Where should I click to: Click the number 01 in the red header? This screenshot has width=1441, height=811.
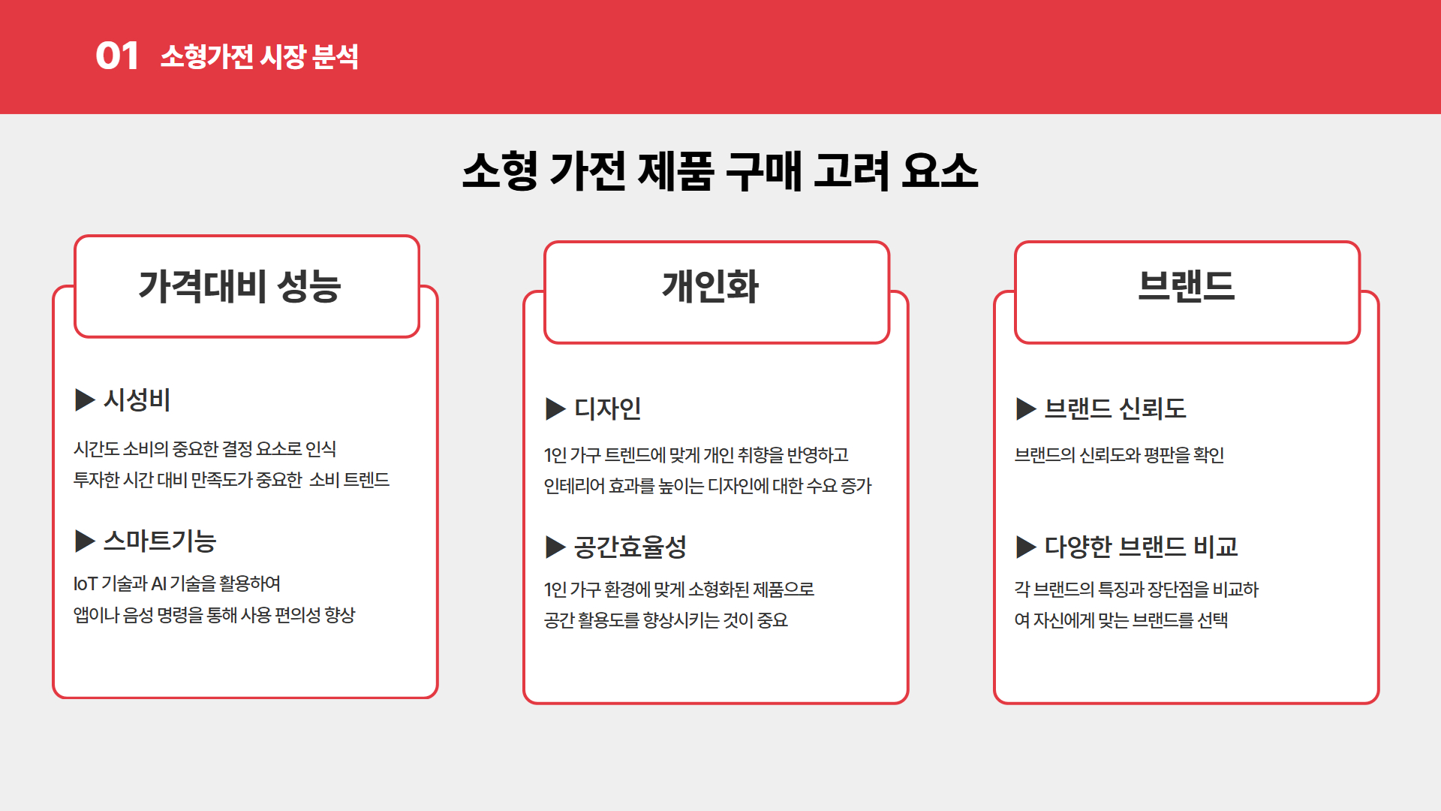(117, 56)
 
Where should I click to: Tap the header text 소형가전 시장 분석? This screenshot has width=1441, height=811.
(260, 56)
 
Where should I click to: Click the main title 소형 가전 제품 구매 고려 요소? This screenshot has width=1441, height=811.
(720, 170)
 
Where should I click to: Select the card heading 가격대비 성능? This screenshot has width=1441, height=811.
(239, 286)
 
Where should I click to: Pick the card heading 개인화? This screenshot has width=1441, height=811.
(710, 286)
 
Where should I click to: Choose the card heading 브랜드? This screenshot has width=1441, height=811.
(1187, 286)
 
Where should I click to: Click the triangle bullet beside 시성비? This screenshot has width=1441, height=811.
(85, 399)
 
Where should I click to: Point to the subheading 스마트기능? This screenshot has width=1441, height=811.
(160, 541)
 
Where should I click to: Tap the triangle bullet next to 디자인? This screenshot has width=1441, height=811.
(555, 409)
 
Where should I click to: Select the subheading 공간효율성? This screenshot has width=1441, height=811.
(630, 547)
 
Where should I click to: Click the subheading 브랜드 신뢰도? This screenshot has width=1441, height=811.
(1115, 409)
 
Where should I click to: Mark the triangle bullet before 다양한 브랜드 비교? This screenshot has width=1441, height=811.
(1026, 547)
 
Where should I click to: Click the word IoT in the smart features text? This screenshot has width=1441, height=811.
(86, 583)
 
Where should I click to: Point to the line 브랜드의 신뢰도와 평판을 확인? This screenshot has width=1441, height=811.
(1119, 455)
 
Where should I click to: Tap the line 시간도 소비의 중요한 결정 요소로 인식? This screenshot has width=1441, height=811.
(205, 449)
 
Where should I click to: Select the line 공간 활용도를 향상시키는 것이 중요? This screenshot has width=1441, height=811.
(666, 620)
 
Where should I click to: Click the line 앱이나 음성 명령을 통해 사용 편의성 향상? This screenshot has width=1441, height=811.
(214, 615)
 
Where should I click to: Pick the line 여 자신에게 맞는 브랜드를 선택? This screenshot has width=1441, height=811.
(1121, 620)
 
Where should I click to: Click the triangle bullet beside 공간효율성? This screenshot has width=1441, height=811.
(555, 547)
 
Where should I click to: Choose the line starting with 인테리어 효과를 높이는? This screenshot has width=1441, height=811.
(708, 486)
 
